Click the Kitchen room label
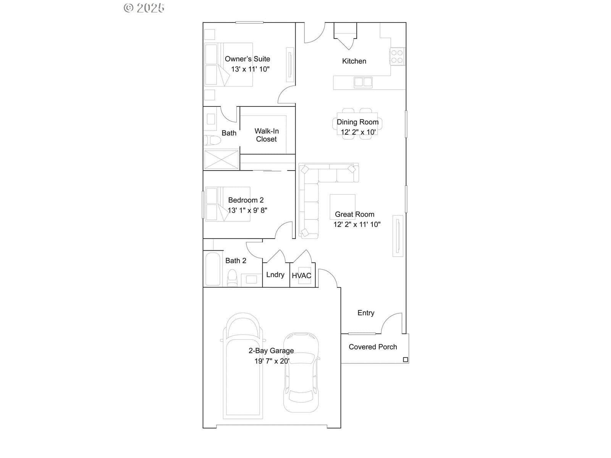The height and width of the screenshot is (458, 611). coord(354,61)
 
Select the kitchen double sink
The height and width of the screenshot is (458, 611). coord(363,82)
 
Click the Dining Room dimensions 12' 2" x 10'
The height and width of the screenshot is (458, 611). coord(358,132)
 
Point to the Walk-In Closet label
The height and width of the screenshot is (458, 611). coord(267,135)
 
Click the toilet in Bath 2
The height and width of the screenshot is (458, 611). coord(232,277)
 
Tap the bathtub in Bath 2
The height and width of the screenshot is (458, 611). coord(213,269)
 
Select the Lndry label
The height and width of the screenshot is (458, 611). coord(275,275)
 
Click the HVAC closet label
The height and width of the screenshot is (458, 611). coord(301,276)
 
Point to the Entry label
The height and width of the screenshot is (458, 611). coord(366,313)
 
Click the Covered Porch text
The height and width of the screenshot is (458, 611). coord(373,347)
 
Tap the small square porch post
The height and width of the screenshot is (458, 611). coord(406,360)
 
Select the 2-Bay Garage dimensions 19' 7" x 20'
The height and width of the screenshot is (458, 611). coord(272,361)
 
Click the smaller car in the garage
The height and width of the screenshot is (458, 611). coord(301,373)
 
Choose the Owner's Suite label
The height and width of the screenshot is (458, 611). coord(247,59)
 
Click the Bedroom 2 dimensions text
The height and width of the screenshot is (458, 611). coord(247,210)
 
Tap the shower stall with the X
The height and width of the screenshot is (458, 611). coord(221,160)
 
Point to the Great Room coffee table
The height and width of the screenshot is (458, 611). coord(343,207)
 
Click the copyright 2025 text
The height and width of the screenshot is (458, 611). coord(144,8)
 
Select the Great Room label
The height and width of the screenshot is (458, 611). coord(354,214)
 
